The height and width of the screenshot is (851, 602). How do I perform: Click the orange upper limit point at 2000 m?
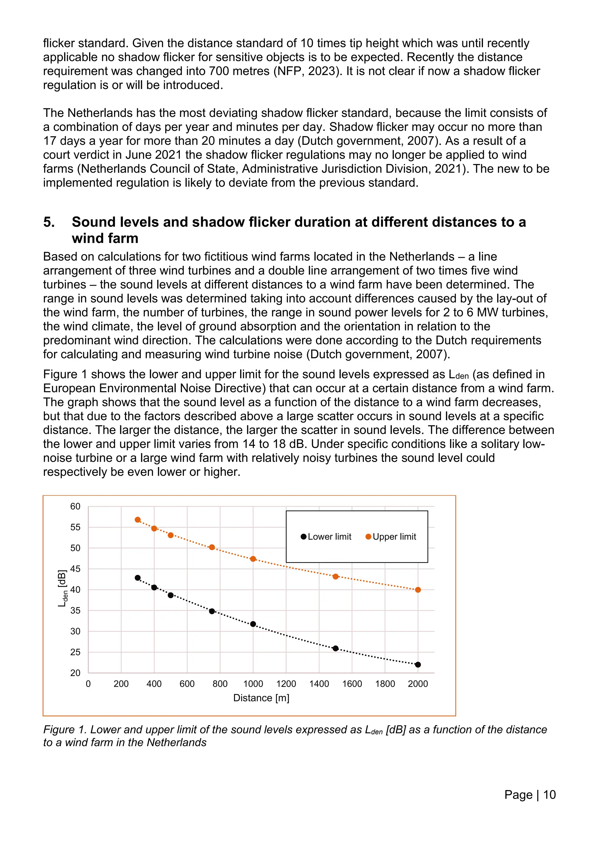click(418, 590)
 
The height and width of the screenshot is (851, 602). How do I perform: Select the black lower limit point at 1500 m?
click(335, 648)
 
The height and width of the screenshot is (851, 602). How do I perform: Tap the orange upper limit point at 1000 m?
click(253, 559)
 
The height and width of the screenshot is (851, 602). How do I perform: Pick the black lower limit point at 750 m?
click(212, 611)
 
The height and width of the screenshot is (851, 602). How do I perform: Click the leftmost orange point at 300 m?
click(138, 520)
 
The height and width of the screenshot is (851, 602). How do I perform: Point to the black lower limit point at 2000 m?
click(418, 665)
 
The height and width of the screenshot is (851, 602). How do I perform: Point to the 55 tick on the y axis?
click(75, 527)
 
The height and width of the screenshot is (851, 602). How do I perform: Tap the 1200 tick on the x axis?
click(286, 684)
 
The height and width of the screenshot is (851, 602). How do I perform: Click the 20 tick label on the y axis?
click(75, 673)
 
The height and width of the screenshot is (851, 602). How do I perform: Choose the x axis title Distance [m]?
click(261, 698)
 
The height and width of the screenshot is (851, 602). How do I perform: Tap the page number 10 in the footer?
click(549, 795)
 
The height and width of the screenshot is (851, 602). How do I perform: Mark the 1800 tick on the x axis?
click(385, 684)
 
